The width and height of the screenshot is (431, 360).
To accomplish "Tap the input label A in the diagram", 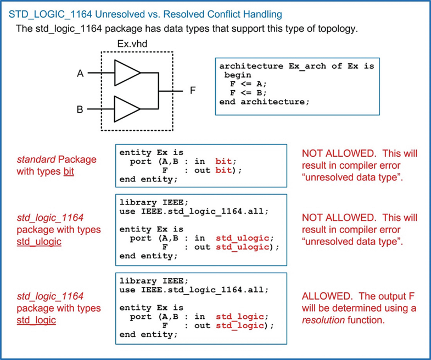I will [x=80, y=73].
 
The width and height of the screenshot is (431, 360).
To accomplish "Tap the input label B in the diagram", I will [x=80, y=109].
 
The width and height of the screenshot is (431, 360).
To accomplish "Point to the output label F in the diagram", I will [x=193, y=91].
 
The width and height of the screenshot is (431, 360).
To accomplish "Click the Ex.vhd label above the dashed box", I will [x=132, y=43].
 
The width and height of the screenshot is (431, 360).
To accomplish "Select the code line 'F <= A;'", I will [x=248, y=84].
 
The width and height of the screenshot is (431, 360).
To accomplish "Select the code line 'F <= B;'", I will [x=248, y=93].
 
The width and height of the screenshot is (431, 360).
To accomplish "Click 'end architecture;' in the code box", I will [x=265, y=102].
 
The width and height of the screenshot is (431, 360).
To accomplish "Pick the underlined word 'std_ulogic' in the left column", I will [x=39, y=241].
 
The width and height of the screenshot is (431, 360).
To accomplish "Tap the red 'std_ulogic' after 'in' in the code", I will [x=243, y=238].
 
